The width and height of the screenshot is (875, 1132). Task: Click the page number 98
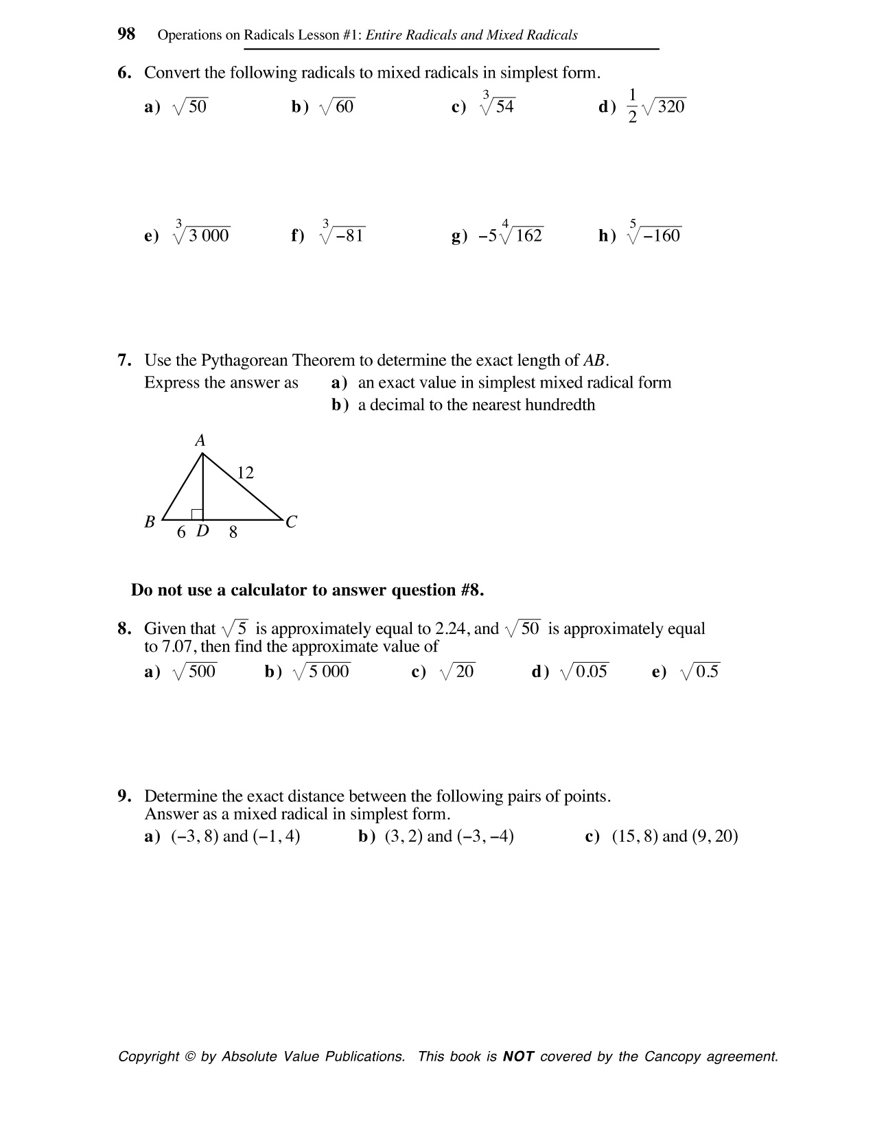[x=126, y=34]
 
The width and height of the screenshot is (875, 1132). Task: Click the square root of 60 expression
[x=337, y=106]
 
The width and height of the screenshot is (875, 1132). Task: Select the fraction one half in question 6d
[x=632, y=106]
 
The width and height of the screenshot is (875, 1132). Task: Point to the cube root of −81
[x=342, y=235]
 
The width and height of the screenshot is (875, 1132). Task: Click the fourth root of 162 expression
[x=521, y=235]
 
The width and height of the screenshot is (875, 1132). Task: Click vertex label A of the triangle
[x=200, y=440]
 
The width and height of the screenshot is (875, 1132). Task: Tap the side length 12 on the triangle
[x=245, y=473]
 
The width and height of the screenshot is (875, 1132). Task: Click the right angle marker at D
[x=197, y=514]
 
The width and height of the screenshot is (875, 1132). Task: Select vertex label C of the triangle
[x=291, y=522]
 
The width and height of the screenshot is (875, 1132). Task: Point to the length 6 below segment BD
[x=181, y=532]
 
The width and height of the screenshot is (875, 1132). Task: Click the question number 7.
[x=124, y=360]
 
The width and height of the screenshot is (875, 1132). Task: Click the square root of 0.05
[x=584, y=672]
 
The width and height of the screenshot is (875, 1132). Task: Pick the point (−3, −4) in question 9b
[x=485, y=836]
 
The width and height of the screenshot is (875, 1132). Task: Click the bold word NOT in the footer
[x=518, y=1057]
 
